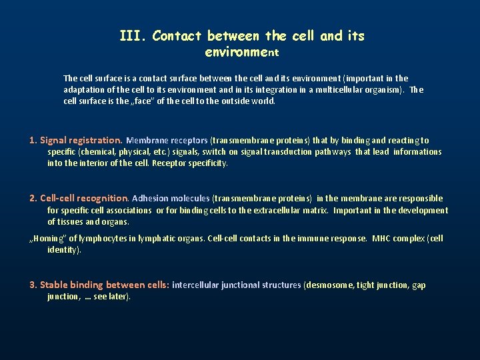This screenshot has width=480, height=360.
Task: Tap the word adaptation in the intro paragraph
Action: click(x=84, y=90)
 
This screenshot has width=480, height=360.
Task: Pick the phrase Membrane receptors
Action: click(x=167, y=141)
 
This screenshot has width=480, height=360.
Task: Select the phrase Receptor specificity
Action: click(x=190, y=163)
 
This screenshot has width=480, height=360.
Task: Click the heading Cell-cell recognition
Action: click(x=84, y=199)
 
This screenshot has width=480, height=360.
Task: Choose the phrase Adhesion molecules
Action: click(x=171, y=199)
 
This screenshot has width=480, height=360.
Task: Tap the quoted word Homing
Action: click(x=47, y=239)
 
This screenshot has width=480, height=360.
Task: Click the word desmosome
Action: click(x=329, y=285)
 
